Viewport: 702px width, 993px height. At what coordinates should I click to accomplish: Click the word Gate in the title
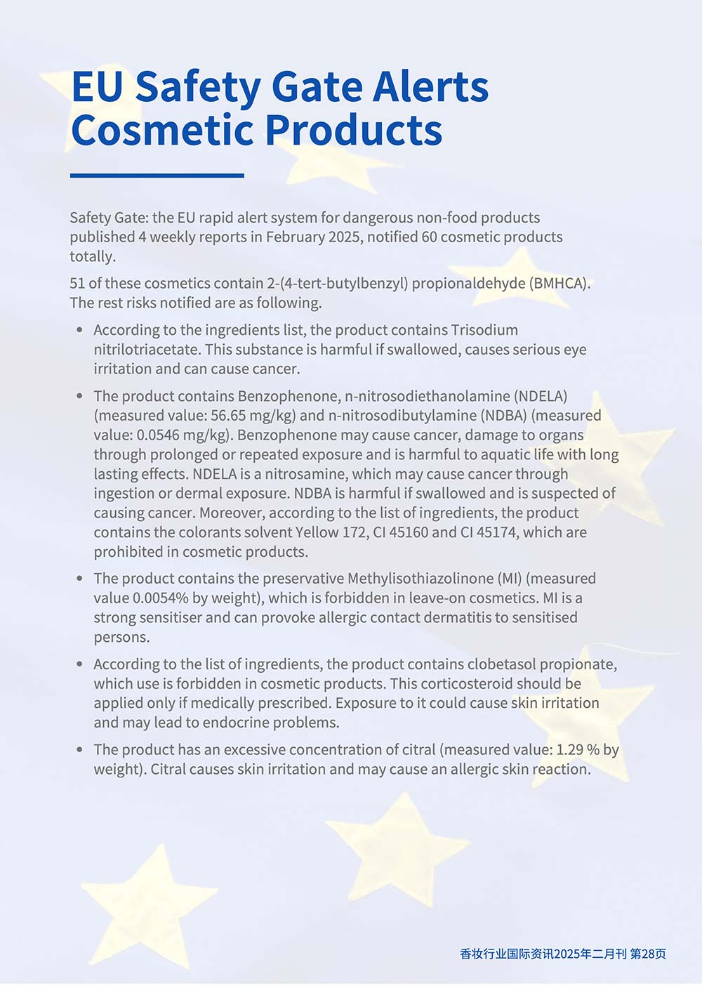316,87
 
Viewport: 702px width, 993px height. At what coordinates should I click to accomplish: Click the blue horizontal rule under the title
157,176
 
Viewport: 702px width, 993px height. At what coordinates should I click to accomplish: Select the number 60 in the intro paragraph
430,237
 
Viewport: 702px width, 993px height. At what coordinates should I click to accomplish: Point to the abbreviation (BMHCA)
559,283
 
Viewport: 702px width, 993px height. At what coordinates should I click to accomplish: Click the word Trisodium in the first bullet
484,329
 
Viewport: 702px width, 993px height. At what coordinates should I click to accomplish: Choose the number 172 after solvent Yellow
355,532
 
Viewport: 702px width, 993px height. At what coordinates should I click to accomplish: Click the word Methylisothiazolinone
420,578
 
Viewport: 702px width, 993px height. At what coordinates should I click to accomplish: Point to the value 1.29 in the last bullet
569,749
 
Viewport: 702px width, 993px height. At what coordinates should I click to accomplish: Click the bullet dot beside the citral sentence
80,749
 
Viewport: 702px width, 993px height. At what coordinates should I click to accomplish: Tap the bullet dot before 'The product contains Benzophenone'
80,395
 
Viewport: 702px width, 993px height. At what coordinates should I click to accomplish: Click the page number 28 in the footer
648,954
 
